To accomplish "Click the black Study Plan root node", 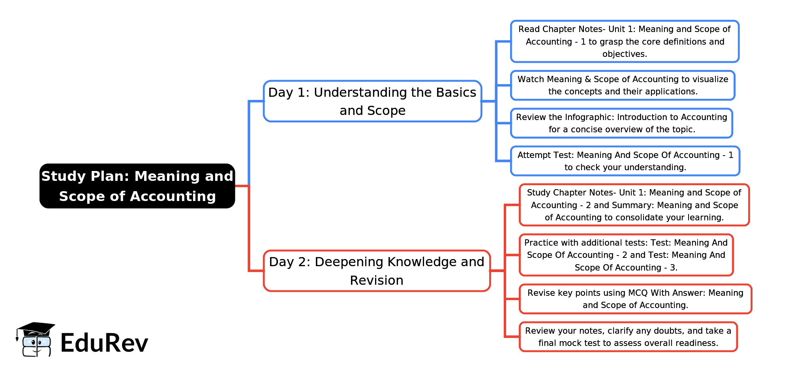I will coord(137,186).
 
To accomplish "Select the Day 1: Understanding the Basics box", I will coord(372,101).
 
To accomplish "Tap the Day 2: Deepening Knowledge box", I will coord(377,271).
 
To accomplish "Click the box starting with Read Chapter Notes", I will coord(625,41).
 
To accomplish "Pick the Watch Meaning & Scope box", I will coord(623,85).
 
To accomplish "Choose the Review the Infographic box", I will coord(621,123).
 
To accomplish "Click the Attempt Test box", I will coord(625,161).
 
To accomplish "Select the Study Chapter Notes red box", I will coord(634,205).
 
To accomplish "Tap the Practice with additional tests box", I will coord(626,255).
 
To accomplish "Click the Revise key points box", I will coord(635,299).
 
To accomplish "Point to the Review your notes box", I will coord(628,337).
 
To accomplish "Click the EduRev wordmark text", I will coord(104,343).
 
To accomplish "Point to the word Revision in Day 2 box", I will coord(377,280).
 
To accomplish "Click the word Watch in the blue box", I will coord(531,79).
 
